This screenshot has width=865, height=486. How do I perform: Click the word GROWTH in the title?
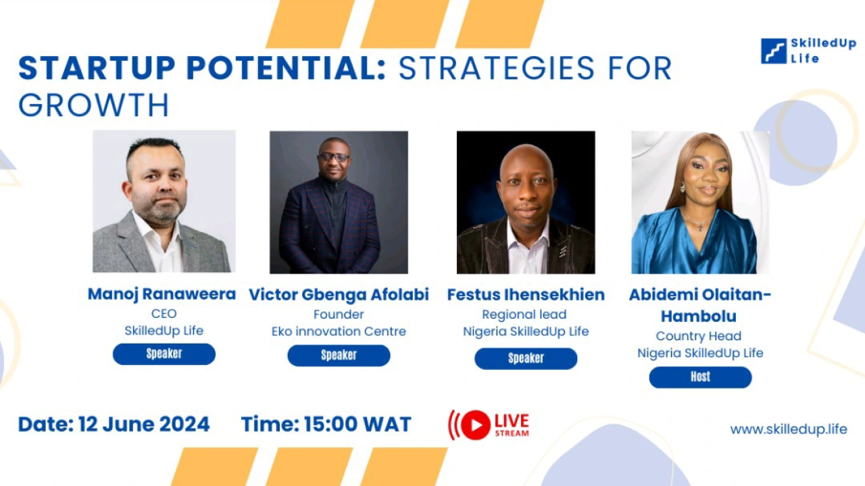tap(94, 105)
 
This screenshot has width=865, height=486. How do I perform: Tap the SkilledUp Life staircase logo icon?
tap(774, 51)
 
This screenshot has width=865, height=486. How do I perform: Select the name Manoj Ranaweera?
tap(162, 294)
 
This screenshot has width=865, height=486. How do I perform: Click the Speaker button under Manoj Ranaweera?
tap(164, 354)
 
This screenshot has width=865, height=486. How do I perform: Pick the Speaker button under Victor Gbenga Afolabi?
tap(339, 355)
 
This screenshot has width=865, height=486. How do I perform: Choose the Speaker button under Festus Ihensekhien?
tap(526, 358)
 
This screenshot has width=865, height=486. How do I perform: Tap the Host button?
tap(701, 377)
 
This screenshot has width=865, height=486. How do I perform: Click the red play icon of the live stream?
tap(476, 425)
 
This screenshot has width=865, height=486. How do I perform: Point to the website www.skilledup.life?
tap(789, 429)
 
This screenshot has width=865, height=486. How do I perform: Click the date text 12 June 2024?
tap(144, 425)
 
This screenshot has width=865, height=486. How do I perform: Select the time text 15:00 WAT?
tap(357, 425)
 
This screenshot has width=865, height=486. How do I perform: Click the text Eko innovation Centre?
tap(339, 331)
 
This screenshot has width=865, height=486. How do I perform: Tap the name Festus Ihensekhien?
tap(526, 295)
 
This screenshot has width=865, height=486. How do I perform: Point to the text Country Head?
tap(699, 336)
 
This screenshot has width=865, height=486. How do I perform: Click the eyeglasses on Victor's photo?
tap(334, 157)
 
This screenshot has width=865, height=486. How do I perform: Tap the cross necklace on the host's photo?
tap(700, 227)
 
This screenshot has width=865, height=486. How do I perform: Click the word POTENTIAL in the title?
tap(287, 68)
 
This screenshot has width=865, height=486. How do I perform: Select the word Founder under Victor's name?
tap(339, 315)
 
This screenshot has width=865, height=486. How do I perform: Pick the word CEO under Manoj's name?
tap(164, 314)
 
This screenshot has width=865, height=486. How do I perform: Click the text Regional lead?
tap(524, 315)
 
